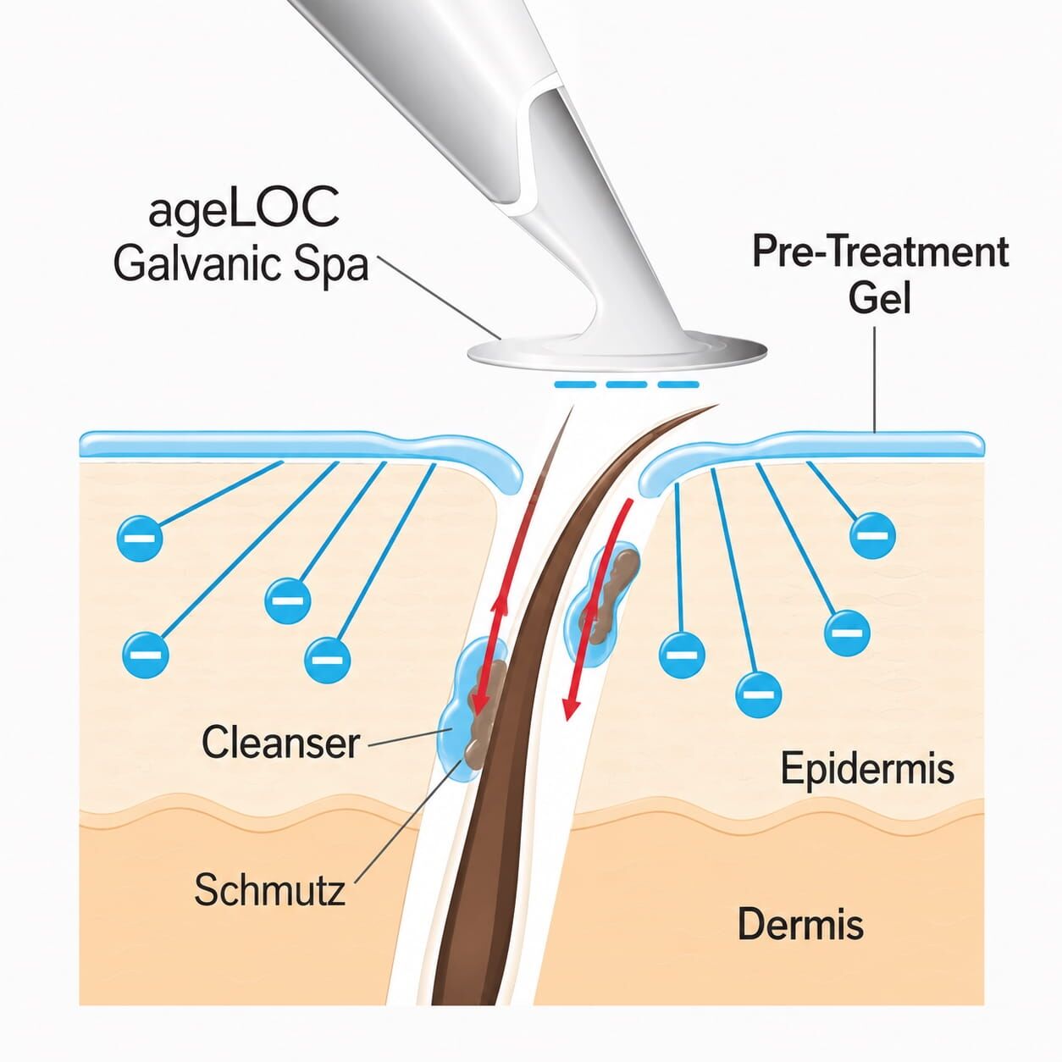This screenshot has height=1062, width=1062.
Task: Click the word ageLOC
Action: tap(243, 213)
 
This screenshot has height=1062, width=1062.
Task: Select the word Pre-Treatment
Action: tap(880, 252)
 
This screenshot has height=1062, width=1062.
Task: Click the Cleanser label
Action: tap(280, 743)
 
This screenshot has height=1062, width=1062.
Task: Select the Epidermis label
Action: tap(867, 769)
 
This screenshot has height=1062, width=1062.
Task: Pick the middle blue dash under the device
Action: tap(626, 384)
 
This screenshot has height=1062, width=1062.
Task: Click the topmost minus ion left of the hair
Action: tap(140, 539)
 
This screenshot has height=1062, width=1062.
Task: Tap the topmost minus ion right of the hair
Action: tap(873, 535)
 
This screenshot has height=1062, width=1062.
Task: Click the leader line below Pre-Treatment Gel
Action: tap(874, 379)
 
